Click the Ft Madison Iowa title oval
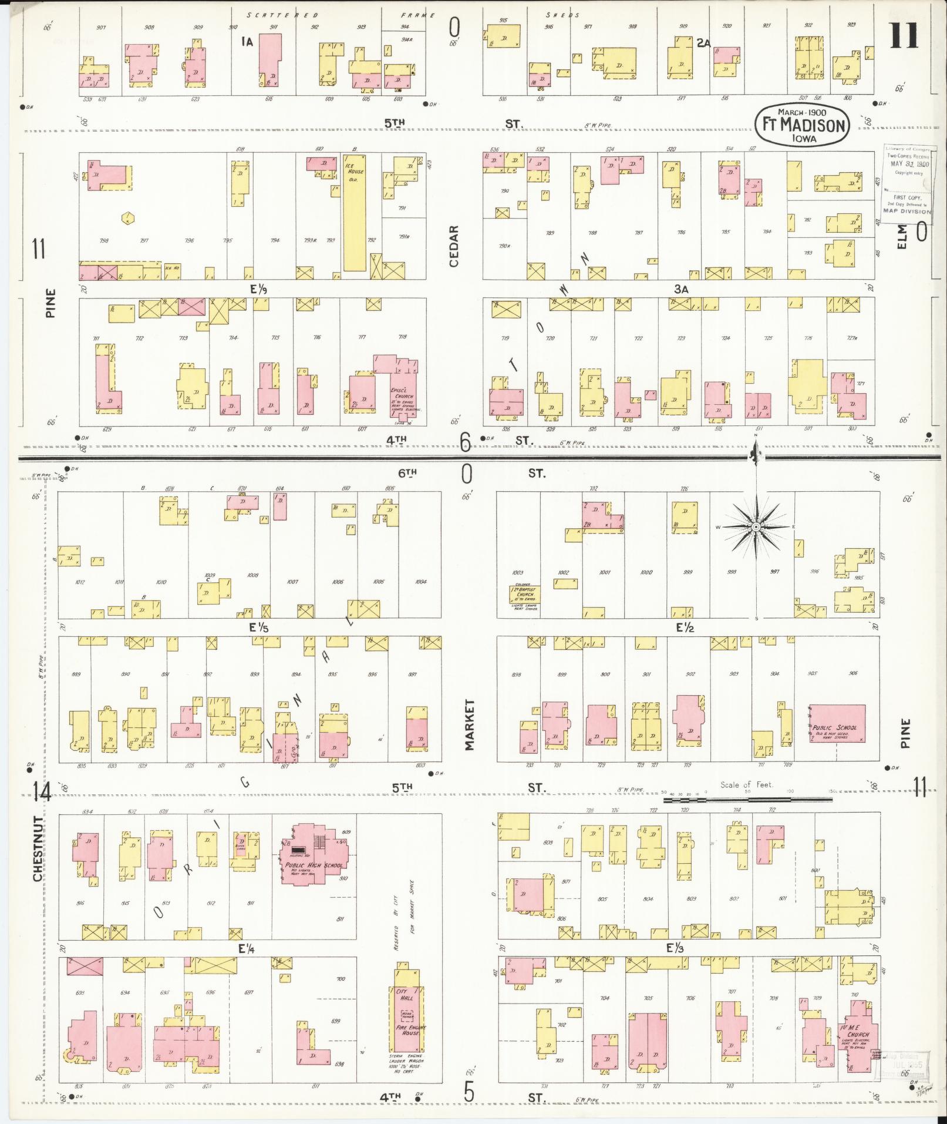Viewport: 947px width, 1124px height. pyautogui.click(x=802, y=124)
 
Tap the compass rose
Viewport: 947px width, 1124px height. pyautogui.click(x=756, y=527)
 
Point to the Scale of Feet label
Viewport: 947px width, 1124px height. pyautogui.click(x=747, y=784)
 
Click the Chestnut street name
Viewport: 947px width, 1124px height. pyautogui.click(x=38, y=848)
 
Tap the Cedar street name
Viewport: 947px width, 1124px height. pyautogui.click(x=454, y=246)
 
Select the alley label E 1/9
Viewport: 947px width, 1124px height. pyautogui.click(x=255, y=289)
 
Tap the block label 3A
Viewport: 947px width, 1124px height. pyautogui.click(x=680, y=289)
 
